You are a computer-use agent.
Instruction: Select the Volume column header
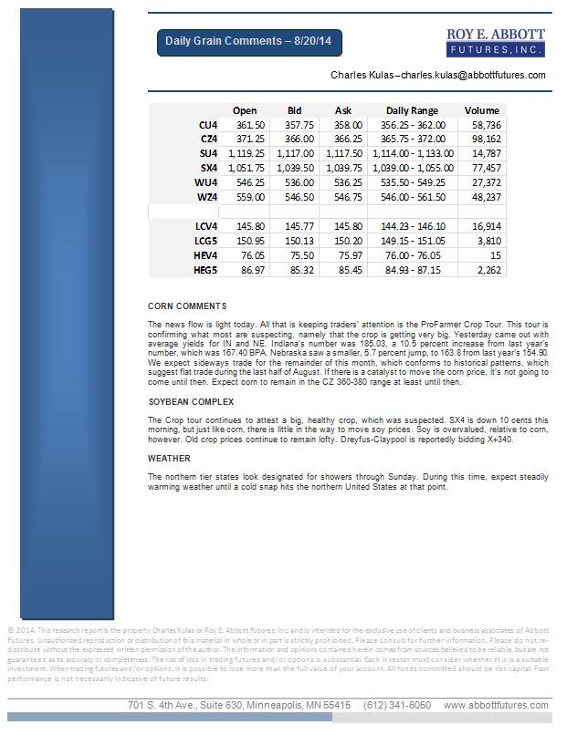481,110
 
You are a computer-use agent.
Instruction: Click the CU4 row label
207,124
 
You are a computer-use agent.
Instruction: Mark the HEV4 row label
205,255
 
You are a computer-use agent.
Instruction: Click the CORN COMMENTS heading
187,305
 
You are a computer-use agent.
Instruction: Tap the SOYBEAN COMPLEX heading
192,401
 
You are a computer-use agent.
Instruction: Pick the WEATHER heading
170,459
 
